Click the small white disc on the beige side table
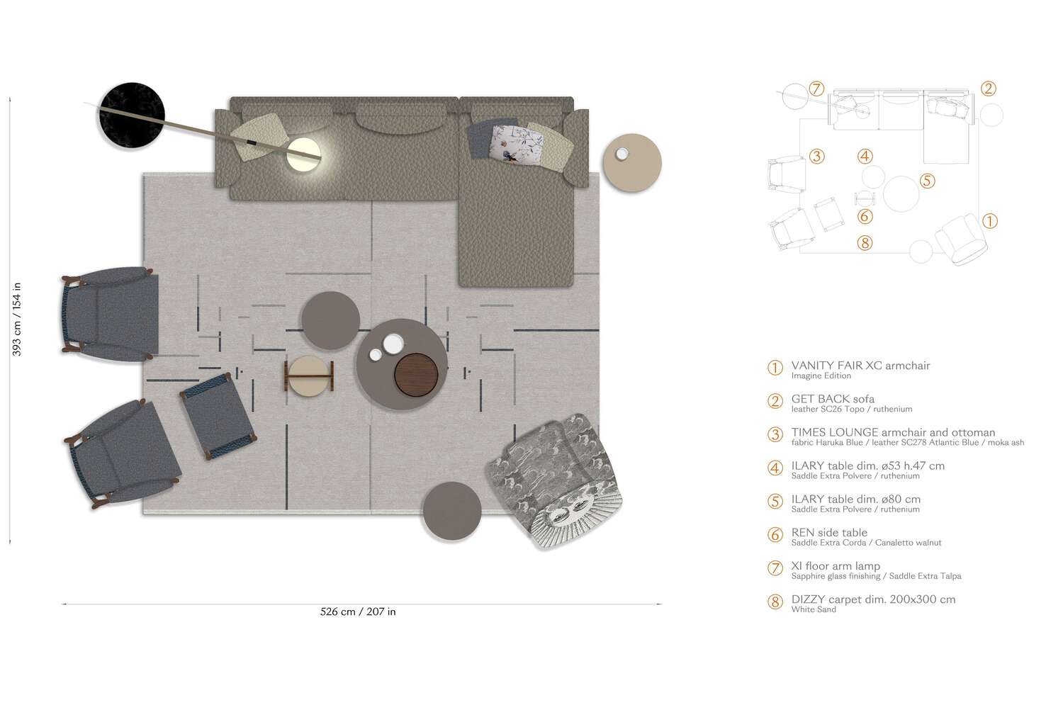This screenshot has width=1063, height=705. tap(622, 154)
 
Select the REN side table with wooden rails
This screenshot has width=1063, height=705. tap(310, 376)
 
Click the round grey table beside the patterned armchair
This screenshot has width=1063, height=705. tap(452, 511)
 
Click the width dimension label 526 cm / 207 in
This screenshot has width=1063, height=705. tap(358, 612)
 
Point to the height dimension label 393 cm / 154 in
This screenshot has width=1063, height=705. tap(17, 319)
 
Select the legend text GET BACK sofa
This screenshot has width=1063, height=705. tap(833, 399)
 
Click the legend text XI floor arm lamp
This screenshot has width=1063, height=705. tap(836, 566)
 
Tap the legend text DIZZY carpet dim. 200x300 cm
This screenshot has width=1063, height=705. tap(873, 599)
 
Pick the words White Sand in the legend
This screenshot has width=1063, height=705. tap(814, 610)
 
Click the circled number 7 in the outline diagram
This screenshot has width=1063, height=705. tap(816, 89)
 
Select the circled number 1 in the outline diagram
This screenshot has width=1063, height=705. tap(990, 221)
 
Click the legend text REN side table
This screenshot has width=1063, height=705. tap(829, 533)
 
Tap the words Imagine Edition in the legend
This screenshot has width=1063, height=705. tap(821, 376)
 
